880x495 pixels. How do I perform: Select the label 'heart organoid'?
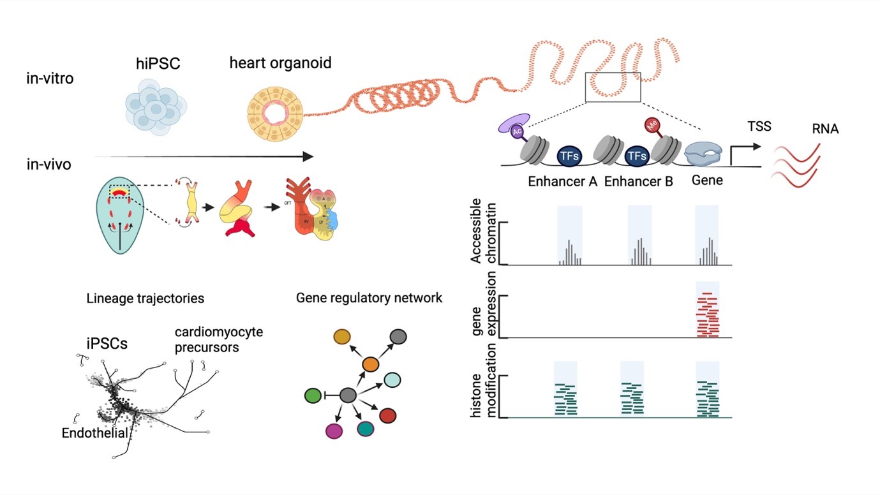(x=281, y=63)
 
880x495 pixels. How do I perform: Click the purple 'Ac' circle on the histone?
(x=518, y=131)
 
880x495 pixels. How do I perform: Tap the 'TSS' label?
(x=759, y=127)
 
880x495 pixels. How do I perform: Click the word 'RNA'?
(x=826, y=129)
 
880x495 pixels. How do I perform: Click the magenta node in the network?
(x=334, y=431)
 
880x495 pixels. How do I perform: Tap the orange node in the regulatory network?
(x=371, y=364)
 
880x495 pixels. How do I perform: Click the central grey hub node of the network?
(x=348, y=396)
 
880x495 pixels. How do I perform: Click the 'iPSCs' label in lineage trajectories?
(x=107, y=343)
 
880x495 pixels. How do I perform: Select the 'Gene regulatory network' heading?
(x=369, y=298)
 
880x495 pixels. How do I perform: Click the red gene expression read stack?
(x=708, y=314)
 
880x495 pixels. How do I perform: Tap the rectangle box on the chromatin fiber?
(x=613, y=87)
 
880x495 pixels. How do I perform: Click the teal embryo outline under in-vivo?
(x=119, y=217)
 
